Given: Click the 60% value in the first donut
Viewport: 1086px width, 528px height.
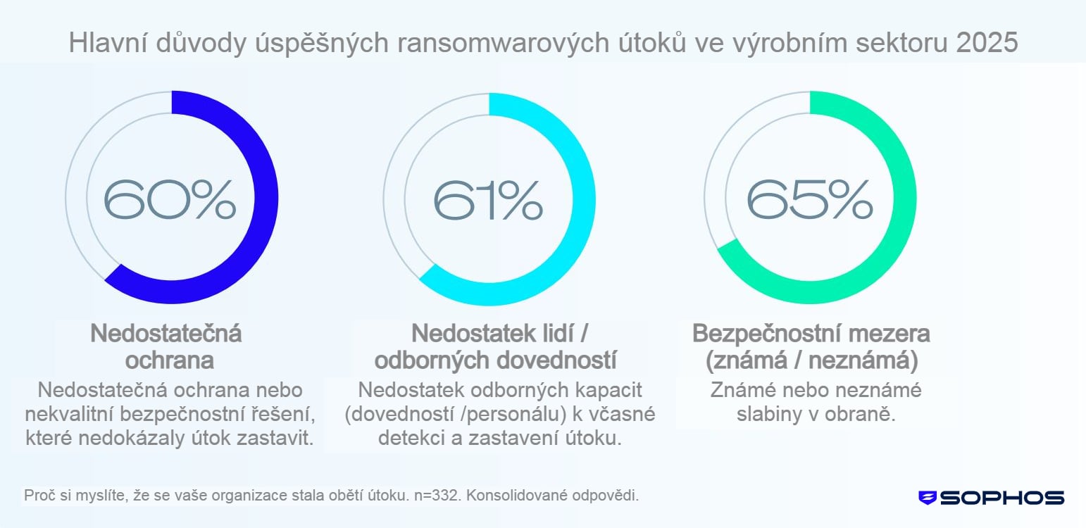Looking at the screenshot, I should click(x=170, y=199).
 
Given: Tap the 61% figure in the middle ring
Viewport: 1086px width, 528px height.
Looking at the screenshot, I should click(x=487, y=199).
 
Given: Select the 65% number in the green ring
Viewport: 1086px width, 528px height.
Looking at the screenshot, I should click(x=809, y=199).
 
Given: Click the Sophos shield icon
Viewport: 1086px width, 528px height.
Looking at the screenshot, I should click(x=928, y=498).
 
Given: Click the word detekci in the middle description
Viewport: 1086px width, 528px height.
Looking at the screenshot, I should click(x=408, y=437).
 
